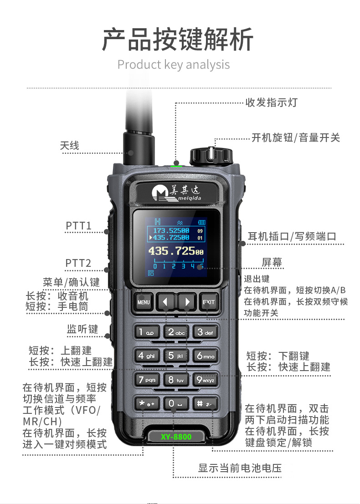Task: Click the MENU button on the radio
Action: pyautogui.click(x=144, y=301)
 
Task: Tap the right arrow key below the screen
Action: pyautogui.click(x=186, y=301)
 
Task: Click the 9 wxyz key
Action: pyautogui.click(x=205, y=379)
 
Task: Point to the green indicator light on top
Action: pyautogui.click(x=176, y=166)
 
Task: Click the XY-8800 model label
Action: pyautogui.click(x=176, y=437)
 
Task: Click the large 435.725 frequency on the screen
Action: pyautogui.click(x=176, y=251)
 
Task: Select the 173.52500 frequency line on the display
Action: pyautogui.click(x=171, y=231)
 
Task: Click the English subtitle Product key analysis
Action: pyautogui.click(x=174, y=65)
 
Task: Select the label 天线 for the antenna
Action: pyautogui.click(x=70, y=146)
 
